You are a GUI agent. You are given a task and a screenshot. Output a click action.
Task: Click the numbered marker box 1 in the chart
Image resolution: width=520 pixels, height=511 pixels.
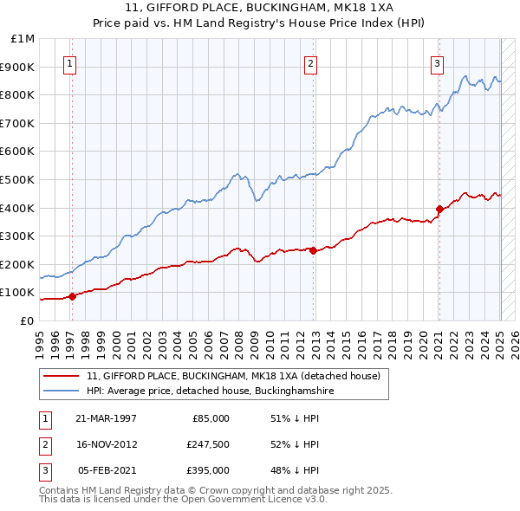[68, 62]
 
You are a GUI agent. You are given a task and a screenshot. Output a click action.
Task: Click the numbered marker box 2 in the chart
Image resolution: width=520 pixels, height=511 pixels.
[310, 62]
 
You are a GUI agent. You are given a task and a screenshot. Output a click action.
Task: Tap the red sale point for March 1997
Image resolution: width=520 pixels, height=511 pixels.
[73, 296]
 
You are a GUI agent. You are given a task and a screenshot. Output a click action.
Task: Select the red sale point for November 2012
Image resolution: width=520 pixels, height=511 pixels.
[313, 250]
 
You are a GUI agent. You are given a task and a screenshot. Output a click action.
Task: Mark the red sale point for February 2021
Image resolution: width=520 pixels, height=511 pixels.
[439, 209]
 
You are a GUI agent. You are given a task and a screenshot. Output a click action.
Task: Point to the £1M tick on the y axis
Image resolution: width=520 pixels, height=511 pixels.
[23, 39]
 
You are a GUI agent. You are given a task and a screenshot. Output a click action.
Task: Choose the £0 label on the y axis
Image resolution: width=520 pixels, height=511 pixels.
[27, 320]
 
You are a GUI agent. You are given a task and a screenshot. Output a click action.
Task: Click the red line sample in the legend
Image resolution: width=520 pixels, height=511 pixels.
[62, 377]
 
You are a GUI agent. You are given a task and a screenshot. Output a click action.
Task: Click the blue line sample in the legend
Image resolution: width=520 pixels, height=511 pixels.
[62, 391]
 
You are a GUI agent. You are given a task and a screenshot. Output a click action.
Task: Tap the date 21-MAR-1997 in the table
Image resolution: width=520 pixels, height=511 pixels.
[106, 418]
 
